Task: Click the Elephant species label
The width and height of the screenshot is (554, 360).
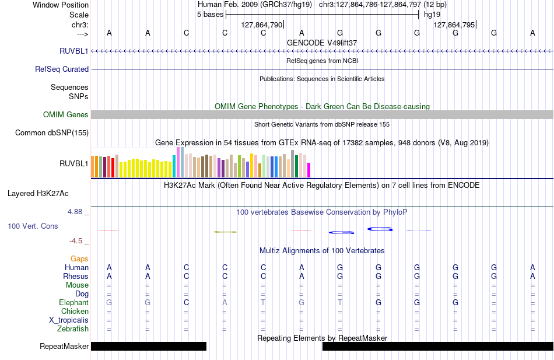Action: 73,302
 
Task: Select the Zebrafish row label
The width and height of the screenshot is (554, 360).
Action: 73,328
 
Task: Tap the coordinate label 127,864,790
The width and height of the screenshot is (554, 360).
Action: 262,25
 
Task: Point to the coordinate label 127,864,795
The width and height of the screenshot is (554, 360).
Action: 454,25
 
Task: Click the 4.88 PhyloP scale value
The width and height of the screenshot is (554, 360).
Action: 75,211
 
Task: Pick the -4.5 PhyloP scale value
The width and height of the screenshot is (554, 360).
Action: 76,241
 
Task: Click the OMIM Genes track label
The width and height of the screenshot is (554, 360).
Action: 66,114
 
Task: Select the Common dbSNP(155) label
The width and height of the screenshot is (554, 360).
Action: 52,132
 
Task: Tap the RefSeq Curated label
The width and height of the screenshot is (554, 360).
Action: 62,69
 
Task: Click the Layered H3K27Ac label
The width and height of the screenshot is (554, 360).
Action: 38,194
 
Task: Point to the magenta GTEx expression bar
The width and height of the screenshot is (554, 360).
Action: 309,170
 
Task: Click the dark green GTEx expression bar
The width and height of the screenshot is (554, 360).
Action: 296,166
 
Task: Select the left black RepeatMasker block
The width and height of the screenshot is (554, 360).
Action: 149,346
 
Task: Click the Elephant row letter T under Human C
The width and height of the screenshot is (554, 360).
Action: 263,302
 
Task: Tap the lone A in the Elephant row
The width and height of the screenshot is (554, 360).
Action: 225,302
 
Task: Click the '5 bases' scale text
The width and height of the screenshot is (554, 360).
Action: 210,15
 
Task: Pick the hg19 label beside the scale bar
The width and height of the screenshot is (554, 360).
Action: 432,15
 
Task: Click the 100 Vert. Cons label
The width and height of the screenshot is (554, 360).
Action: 33,226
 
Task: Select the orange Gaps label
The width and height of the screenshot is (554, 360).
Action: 79,259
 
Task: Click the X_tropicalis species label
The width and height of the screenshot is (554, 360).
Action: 69,320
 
